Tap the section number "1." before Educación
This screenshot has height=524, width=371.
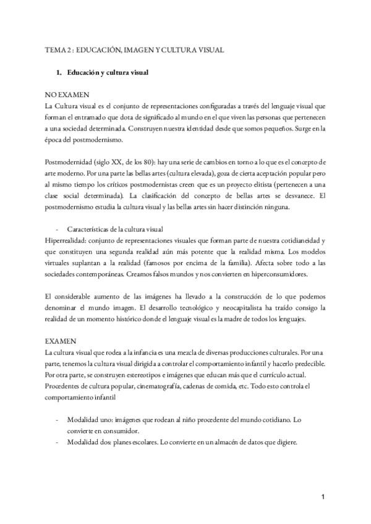pos(59,72)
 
